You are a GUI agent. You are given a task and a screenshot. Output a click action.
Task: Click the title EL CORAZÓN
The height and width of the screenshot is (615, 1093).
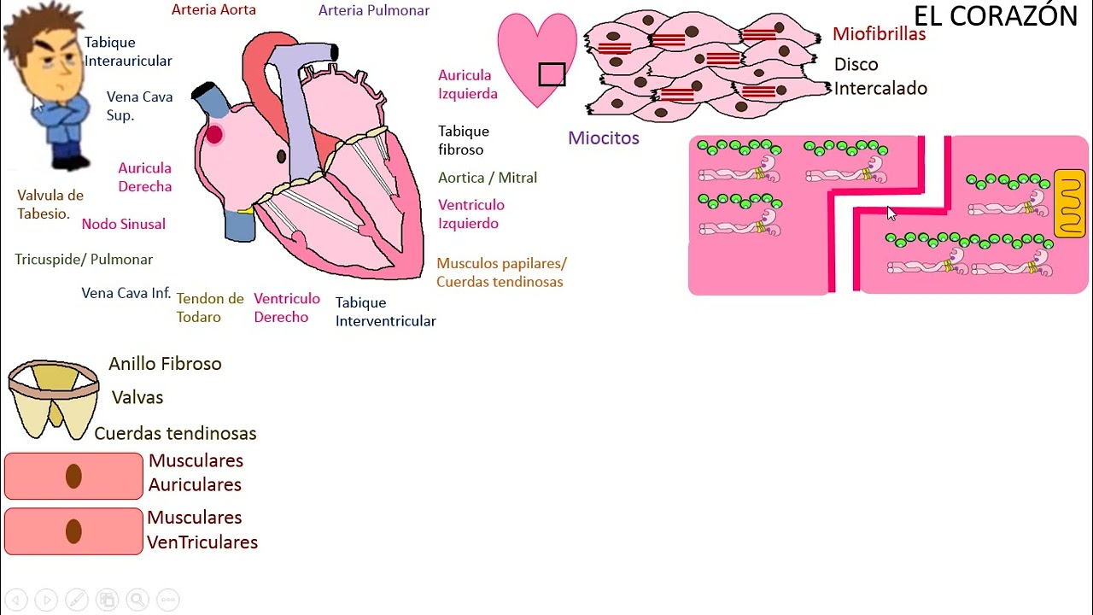coord(995,16)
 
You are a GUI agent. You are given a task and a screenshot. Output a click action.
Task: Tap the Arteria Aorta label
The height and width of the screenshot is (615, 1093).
coord(213,10)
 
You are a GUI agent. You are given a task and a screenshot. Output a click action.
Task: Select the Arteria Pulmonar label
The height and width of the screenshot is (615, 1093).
coord(373,10)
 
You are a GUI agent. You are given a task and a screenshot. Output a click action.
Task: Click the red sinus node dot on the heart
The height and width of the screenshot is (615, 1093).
coord(214,134)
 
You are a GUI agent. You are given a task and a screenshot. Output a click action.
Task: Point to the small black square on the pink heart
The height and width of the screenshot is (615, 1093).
coord(552,75)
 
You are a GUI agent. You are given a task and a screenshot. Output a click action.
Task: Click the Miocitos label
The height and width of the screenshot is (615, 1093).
coord(603,138)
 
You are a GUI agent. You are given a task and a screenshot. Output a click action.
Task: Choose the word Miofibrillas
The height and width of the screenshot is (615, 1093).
coord(879,34)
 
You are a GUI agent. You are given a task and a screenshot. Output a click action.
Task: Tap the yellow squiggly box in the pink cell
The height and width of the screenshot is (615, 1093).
coord(1069,203)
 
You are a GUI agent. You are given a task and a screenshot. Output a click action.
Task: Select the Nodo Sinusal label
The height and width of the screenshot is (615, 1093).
coord(123,224)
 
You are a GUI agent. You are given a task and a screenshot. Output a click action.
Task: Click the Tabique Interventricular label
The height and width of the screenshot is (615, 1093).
coord(385,312)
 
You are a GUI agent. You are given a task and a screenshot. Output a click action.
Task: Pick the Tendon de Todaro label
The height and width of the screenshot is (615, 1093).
coord(210,307)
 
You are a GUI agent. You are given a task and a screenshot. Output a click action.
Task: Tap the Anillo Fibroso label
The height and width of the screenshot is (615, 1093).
coord(165,364)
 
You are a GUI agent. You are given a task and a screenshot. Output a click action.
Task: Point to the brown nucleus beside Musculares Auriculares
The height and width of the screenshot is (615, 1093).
coord(73,476)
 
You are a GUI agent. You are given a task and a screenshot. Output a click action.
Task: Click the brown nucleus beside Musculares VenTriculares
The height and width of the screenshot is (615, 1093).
coord(73,531)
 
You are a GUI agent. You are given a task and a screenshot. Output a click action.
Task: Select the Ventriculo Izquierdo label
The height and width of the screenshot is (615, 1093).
coord(471,214)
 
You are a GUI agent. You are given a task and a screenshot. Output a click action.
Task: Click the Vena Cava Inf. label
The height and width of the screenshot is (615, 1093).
coord(126,293)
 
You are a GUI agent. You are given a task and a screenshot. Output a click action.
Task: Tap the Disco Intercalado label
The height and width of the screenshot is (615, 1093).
coord(880,76)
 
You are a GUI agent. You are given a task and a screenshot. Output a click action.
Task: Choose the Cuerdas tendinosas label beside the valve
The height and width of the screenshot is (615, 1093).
coord(175,433)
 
